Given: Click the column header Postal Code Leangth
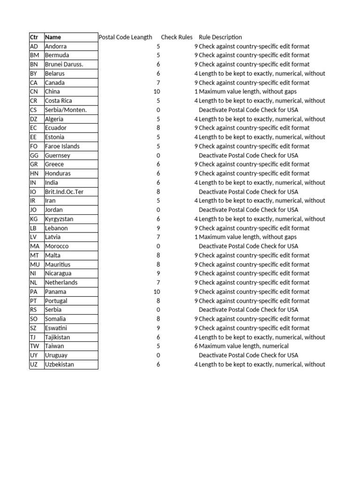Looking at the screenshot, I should (125, 37).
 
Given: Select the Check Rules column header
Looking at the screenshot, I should (177, 37).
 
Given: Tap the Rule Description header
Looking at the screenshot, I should (220, 37).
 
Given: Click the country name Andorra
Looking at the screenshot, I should (56, 46).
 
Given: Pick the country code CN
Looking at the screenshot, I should (33, 92).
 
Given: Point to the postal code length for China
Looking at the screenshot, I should (157, 92).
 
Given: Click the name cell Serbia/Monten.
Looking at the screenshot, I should (66, 110).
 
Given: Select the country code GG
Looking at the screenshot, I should (34, 156).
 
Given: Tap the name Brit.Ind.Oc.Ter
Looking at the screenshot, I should (64, 192).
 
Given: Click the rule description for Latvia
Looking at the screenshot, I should (247, 237).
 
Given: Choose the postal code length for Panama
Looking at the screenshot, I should (157, 292).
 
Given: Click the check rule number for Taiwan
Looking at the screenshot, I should (196, 346).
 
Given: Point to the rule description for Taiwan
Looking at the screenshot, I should (244, 346).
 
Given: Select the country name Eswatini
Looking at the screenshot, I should (56, 328).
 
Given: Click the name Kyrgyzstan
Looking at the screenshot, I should (59, 219).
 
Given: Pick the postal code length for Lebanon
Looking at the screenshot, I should (158, 228).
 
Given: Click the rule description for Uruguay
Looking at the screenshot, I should (248, 355).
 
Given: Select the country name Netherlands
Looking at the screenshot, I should (61, 283).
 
